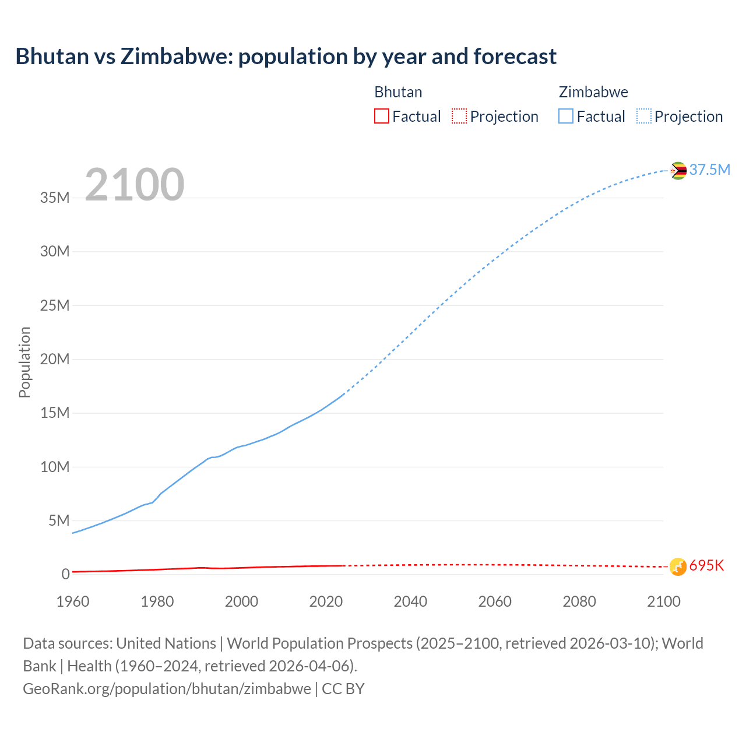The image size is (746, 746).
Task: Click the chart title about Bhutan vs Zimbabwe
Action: (x=286, y=57)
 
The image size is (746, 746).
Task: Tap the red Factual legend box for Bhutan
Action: (x=381, y=116)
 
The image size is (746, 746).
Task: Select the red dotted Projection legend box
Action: (x=459, y=116)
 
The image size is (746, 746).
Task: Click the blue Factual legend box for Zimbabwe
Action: (x=565, y=116)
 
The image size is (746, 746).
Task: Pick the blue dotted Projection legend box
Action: (x=643, y=116)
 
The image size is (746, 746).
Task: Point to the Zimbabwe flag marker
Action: (x=678, y=171)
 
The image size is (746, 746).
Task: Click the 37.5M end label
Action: (x=709, y=170)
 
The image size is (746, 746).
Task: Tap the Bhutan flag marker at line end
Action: (x=678, y=566)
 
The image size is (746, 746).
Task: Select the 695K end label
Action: (x=706, y=566)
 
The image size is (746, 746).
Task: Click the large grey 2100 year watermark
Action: (x=135, y=185)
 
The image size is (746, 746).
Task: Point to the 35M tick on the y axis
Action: (x=55, y=198)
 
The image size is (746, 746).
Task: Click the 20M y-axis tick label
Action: (x=55, y=359)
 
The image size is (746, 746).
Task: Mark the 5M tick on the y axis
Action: (x=59, y=520)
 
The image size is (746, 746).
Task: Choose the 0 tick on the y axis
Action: (x=65, y=574)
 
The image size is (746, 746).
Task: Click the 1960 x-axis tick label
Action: (x=73, y=601)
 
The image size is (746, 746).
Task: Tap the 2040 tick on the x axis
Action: (x=410, y=601)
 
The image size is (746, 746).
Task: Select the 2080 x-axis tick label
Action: (x=579, y=601)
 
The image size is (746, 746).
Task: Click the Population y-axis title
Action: (x=24, y=362)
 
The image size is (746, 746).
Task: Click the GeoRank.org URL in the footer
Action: (x=167, y=689)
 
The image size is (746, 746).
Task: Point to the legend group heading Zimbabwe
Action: (x=593, y=92)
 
